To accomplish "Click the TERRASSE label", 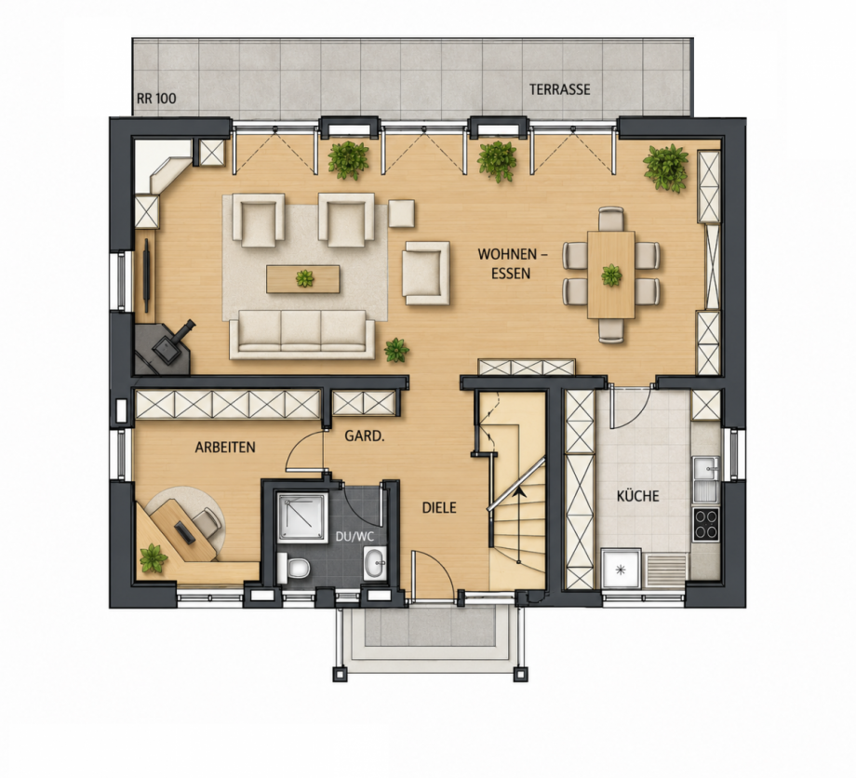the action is click(x=559, y=89).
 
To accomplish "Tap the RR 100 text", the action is click(x=156, y=99).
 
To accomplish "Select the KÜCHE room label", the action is click(x=637, y=496).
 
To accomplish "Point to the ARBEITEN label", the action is click(x=225, y=447).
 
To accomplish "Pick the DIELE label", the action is click(x=439, y=508).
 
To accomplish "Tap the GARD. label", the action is click(x=365, y=436).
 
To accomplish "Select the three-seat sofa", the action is click(x=301, y=335).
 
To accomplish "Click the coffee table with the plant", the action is click(x=303, y=279).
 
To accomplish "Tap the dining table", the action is click(x=611, y=275).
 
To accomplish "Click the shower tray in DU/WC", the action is click(x=301, y=517).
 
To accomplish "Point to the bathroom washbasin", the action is click(x=375, y=562).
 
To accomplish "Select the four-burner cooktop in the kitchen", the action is click(x=706, y=524).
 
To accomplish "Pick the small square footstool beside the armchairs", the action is click(x=401, y=213).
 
